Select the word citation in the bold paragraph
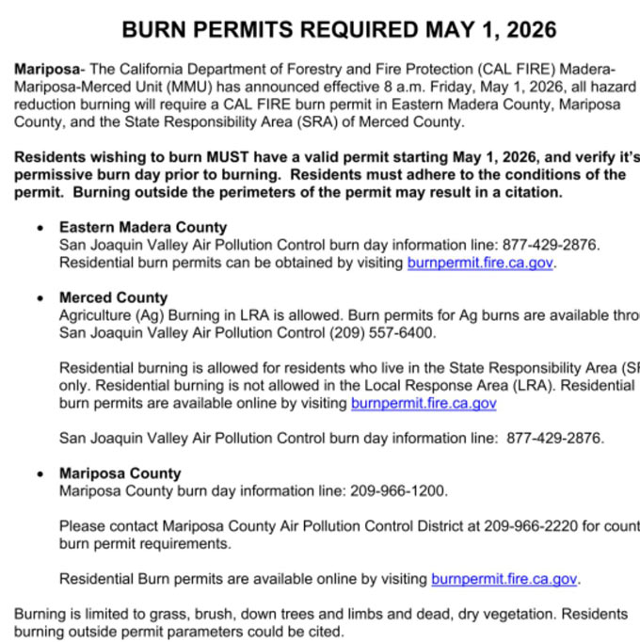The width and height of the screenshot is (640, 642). pos(532,193)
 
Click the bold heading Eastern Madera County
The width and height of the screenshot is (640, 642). pos(143,227)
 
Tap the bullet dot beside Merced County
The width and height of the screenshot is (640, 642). pos(39,298)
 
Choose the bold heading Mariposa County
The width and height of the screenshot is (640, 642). pos(120,473)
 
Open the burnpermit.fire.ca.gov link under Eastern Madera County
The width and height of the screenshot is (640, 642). pos(480,263)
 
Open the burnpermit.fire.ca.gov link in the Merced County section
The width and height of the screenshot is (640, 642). pos(424,403)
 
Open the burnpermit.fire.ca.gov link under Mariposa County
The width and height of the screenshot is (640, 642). pos(504,579)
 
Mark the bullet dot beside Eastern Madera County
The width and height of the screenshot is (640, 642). pos(39,228)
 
